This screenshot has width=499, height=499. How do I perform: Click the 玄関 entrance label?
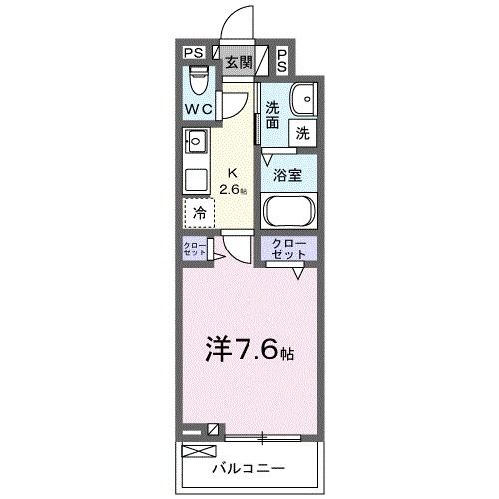pos(238,61)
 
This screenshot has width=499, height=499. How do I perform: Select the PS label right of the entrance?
pos(283,60)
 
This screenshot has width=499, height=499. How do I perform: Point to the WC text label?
pos(197,108)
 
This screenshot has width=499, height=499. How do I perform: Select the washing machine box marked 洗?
pos(302,130)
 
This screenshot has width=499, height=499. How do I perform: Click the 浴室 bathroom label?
pos(289,174)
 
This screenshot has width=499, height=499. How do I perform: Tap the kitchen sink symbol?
pos(195,141)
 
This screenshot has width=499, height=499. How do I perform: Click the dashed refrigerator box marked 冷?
pos(199,212)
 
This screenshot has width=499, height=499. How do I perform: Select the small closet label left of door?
pos(194,249)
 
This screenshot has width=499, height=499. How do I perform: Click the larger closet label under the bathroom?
pos(289,249)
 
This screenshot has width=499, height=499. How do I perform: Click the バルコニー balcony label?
pos(249,467)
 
